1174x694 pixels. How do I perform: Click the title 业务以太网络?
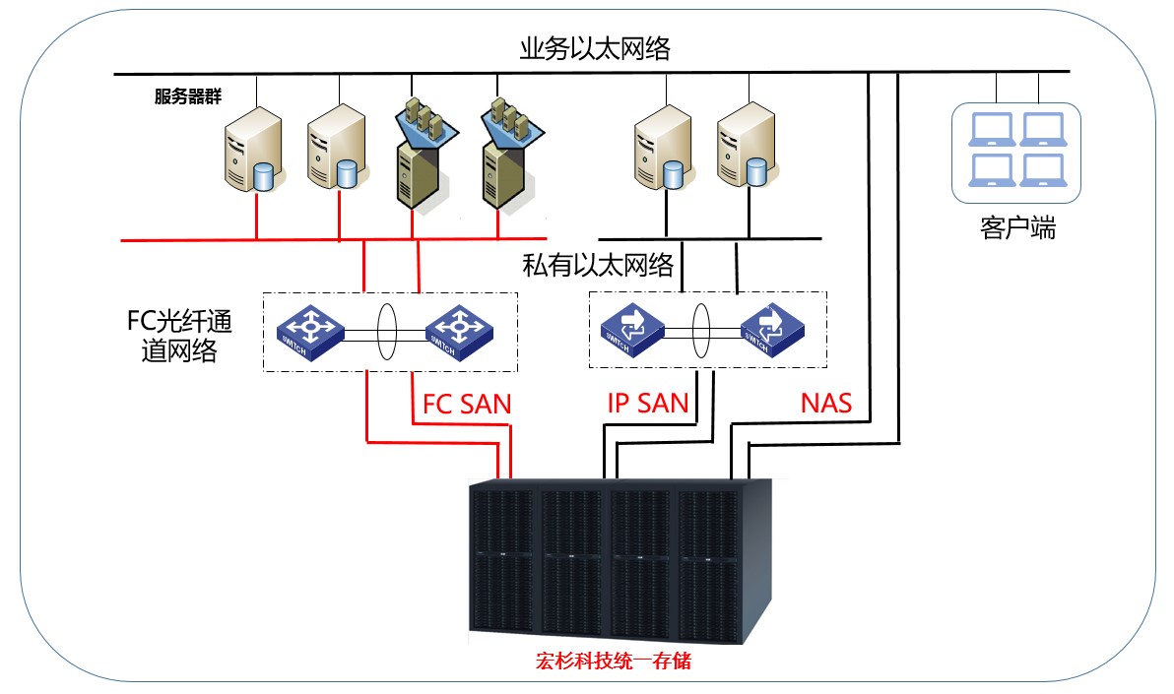595,49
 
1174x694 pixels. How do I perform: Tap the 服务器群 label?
187,96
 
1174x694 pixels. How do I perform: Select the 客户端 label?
1017,229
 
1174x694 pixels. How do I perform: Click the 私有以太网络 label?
598,265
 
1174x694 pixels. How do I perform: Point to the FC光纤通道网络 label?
174,336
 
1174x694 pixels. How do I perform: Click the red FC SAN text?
467,403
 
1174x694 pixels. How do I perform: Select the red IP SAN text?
647,403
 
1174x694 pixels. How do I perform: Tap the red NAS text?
825,403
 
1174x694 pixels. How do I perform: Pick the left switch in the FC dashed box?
309,331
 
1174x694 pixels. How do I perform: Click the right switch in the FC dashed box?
460,331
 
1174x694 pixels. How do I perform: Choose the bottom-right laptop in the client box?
1041,170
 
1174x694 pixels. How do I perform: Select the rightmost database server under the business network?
745,146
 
